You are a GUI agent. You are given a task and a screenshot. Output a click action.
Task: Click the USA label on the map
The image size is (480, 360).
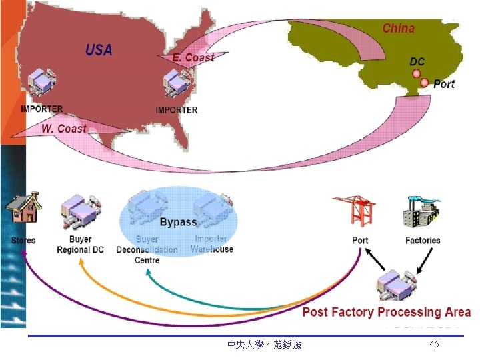click(x=99, y=49)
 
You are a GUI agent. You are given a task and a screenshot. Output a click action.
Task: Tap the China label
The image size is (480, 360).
click(x=398, y=29)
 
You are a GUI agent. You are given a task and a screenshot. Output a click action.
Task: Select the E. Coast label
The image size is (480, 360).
click(x=193, y=58)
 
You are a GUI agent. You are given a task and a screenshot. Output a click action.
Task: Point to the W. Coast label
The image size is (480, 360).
click(x=65, y=128)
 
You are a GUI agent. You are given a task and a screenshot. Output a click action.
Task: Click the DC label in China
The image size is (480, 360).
click(x=417, y=61)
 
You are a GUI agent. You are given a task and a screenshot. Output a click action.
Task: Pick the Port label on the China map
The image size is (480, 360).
click(x=444, y=84)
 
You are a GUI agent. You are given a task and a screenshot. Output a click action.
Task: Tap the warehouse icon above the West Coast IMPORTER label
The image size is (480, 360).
click(x=41, y=85)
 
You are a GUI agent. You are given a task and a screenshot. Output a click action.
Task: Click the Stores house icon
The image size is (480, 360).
click(x=23, y=211)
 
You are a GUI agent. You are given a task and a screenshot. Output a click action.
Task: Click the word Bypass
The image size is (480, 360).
click(x=178, y=222)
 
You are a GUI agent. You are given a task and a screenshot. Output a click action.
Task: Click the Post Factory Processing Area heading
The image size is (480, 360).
click(x=387, y=312)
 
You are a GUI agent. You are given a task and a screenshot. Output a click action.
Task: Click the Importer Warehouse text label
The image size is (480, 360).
click(x=212, y=244)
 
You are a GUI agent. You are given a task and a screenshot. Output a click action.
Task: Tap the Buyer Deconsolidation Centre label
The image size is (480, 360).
click(x=147, y=249)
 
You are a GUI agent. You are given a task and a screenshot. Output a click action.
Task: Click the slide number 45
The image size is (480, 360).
click(x=435, y=344)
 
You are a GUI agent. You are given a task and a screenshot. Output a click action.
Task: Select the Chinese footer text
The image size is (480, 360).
click(x=264, y=345)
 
